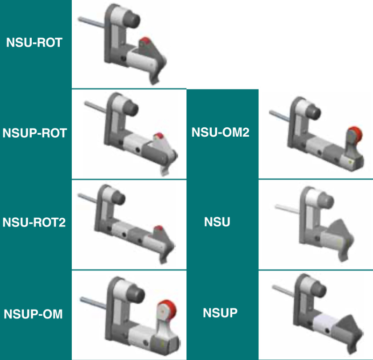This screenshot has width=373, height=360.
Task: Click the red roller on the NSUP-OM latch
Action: [x=164, y=310]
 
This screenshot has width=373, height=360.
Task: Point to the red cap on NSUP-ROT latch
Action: [x=159, y=136]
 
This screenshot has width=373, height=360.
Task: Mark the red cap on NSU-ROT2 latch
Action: [x=159, y=228]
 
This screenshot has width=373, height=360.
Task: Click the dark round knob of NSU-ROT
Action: [x=132, y=21]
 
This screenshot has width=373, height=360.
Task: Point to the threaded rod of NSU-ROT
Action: [x=91, y=21]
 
